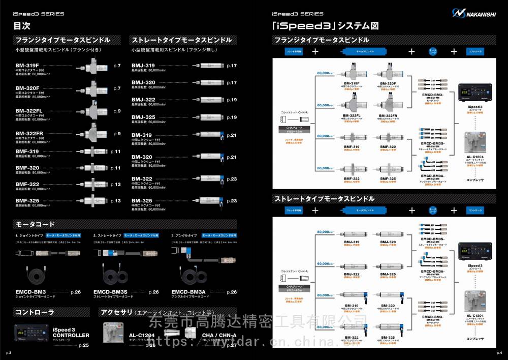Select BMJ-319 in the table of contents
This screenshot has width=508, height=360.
pyautogui.click(x=143, y=66)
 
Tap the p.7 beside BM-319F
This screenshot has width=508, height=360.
pyautogui.click(x=117, y=66)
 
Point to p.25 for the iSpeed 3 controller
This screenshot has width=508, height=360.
pyautogui.click(x=84, y=345)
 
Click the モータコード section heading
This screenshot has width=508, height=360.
pyautogui.click(x=35, y=224)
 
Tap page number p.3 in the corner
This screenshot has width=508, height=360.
pyautogui.click(x=9, y=352)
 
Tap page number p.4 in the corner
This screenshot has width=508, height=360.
pyautogui.click(x=499, y=352)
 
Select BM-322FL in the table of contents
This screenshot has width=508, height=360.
pyautogui.click(x=31, y=111)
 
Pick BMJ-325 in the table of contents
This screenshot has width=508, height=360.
pyautogui.click(x=143, y=118)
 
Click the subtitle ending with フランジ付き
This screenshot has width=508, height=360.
pyautogui.click(x=58, y=50)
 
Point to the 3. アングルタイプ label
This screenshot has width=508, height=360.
pyautogui.click(x=184, y=236)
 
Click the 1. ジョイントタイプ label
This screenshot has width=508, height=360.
pyautogui.click(x=29, y=236)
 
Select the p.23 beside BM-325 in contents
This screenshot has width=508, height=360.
pyautogui.click(x=232, y=201)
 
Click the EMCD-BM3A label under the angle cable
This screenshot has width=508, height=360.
pyautogui.click(x=188, y=292)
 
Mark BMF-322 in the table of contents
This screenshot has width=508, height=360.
pyautogui.click(x=27, y=184)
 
